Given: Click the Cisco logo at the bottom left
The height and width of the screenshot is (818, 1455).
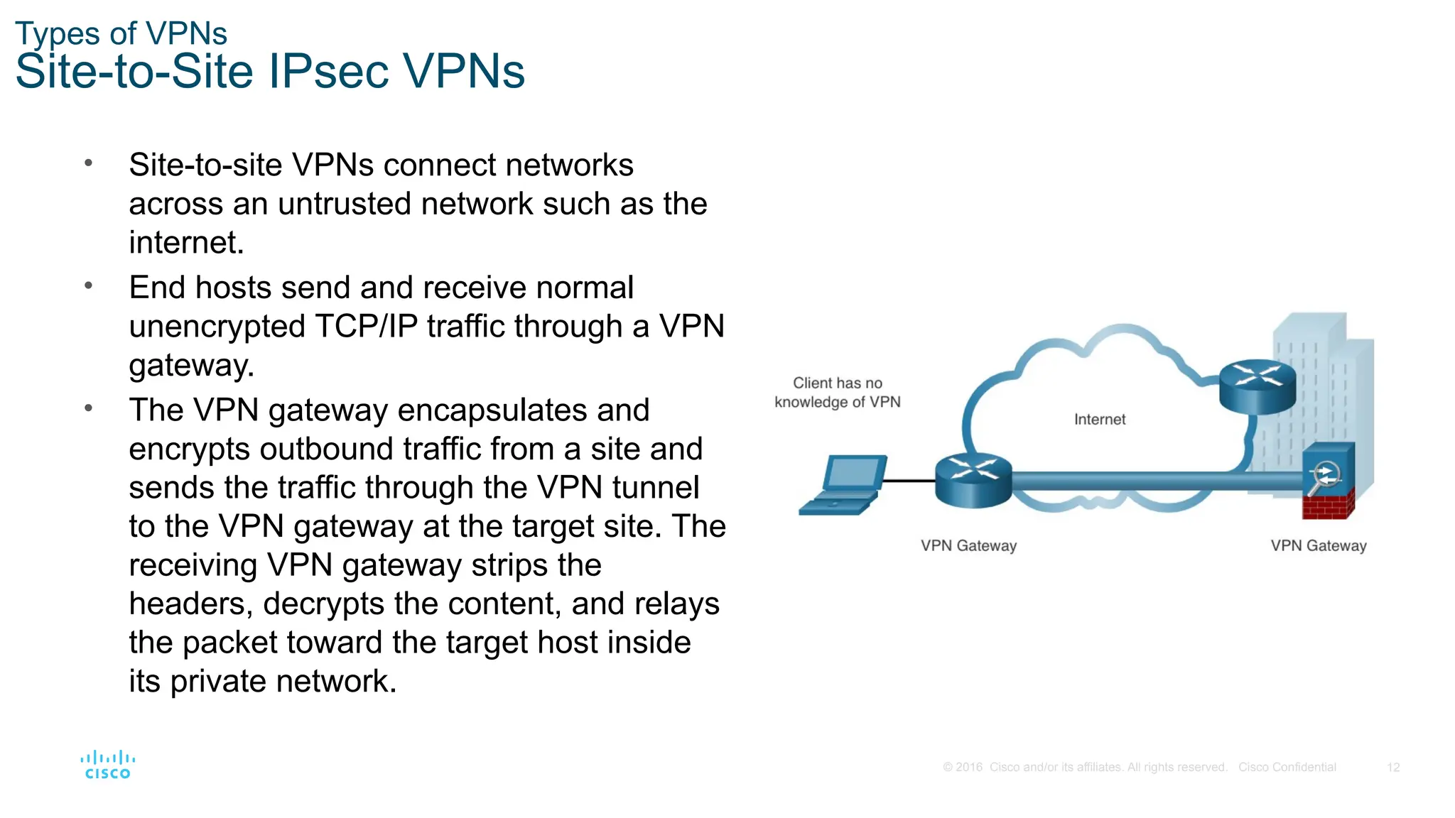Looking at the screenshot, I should click(107, 765).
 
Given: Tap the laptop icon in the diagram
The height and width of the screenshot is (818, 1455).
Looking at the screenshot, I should click(844, 486).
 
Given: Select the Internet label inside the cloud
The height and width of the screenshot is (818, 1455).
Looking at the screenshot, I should click(1099, 420).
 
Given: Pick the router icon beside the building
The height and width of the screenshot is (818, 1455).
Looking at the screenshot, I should click(1257, 386).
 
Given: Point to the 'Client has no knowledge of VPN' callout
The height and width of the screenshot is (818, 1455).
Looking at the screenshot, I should click(837, 393).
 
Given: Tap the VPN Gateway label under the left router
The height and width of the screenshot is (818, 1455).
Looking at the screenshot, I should click(968, 545).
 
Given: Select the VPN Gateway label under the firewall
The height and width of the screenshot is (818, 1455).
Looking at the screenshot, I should click(1318, 545).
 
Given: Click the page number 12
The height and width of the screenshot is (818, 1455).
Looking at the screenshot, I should click(1392, 768).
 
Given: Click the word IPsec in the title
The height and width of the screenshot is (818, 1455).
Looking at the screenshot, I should click(328, 72).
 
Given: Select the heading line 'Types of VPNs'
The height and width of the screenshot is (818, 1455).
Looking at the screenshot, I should click(121, 33).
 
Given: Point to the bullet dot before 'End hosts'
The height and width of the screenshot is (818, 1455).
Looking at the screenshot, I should click(89, 286).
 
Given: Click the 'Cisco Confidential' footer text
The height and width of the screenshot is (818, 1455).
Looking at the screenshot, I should click(1287, 768).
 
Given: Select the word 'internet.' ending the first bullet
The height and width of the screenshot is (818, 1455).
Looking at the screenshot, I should click(186, 244).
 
